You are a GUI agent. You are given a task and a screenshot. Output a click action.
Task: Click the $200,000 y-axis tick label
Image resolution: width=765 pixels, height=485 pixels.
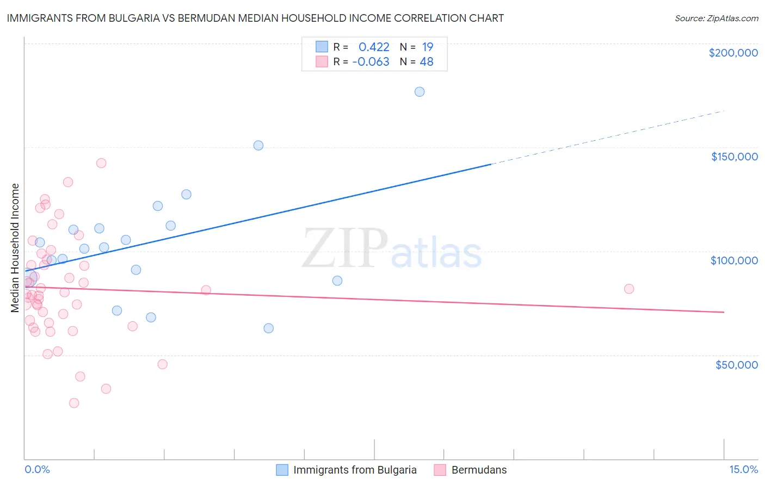click(733, 53)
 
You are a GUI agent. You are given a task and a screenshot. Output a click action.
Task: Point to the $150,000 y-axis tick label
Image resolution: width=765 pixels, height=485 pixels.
click(734, 157)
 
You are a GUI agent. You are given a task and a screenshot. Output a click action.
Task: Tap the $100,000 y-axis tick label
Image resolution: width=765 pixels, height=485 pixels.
click(734, 260)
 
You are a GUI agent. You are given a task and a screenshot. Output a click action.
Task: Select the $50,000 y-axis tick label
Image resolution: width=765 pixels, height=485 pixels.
click(736, 364)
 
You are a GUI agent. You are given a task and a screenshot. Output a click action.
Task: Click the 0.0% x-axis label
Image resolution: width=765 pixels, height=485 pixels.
click(37, 469)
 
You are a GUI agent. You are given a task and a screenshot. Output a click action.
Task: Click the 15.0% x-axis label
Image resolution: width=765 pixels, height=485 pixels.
click(743, 469)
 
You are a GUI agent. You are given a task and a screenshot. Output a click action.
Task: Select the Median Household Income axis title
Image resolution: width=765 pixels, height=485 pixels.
click(15, 248)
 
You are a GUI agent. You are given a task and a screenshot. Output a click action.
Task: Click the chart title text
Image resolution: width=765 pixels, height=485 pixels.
click(255, 18)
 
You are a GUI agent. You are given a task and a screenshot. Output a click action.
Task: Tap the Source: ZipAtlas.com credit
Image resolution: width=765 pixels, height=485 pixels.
click(716, 18)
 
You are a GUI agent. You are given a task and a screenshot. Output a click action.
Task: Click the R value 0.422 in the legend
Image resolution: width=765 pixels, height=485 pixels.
click(374, 47)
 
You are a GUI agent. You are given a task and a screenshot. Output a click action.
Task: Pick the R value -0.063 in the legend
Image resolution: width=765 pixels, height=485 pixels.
click(371, 62)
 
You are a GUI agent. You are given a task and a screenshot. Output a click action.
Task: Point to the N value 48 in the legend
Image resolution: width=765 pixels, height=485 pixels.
click(427, 62)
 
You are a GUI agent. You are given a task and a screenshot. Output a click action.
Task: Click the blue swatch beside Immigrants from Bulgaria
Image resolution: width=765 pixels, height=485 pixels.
click(282, 470)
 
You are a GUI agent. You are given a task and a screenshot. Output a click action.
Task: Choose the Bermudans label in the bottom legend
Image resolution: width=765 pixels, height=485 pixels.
click(479, 470)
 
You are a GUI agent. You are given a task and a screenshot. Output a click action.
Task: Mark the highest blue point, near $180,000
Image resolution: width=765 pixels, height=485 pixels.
click(419, 91)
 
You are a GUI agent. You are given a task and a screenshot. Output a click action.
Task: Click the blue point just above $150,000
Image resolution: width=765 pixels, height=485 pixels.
click(258, 145)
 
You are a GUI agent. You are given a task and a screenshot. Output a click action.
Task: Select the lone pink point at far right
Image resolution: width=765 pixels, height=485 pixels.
click(629, 289)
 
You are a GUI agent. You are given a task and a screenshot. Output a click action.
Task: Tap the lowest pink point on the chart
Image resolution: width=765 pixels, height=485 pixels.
click(74, 403)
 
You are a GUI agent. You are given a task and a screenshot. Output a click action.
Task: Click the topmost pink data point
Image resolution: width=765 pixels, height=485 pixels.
click(101, 163)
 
